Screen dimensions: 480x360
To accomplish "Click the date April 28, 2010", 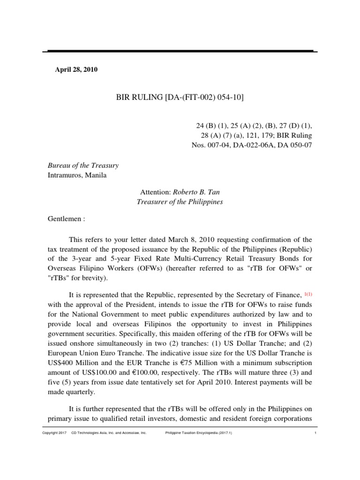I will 76,70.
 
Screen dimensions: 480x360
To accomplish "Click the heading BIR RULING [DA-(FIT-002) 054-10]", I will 180,97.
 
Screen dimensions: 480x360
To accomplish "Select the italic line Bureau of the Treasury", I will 83,165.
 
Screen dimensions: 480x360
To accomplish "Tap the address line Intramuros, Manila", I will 77,175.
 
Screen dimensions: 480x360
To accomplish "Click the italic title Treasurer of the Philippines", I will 180,202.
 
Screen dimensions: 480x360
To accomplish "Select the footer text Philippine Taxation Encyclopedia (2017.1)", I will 199,433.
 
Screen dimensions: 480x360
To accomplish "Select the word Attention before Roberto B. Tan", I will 156,192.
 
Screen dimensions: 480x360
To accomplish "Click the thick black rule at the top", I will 180,51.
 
